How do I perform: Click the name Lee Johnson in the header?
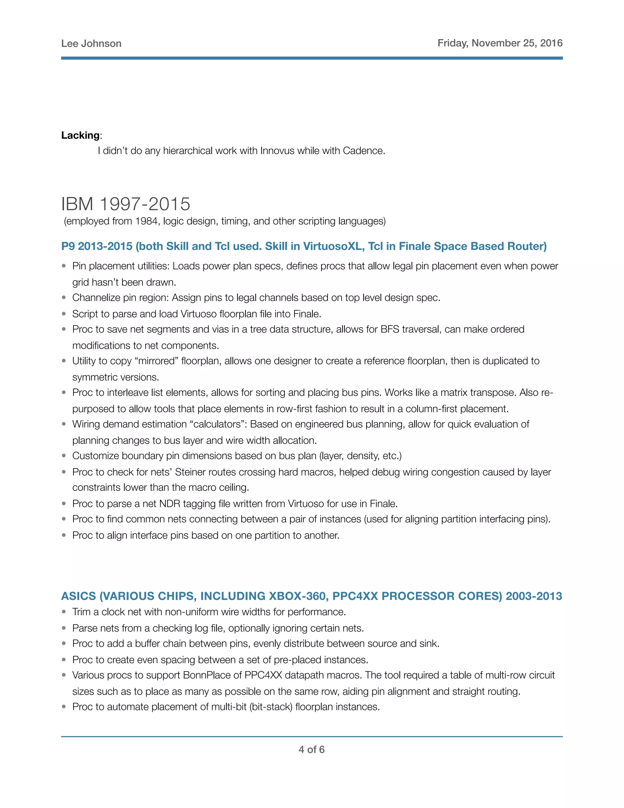[x=91, y=44]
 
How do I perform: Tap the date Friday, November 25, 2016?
[x=500, y=43]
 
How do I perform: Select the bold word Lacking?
[x=80, y=135]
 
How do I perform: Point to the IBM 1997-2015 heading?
[x=126, y=204]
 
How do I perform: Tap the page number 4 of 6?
[x=312, y=749]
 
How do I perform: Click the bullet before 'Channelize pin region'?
[x=64, y=298]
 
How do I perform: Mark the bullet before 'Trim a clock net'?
[x=64, y=612]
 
